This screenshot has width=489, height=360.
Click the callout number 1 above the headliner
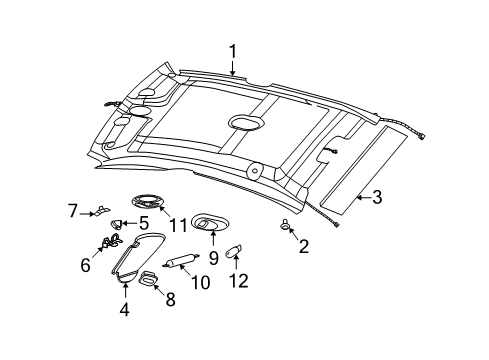click(x=232, y=52)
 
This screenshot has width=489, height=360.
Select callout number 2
click(x=304, y=247)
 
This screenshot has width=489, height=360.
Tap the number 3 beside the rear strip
click(x=377, y=197)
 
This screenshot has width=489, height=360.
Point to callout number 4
click(x=124, y=309)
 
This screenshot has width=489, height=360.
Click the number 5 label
click(x=144, y=223)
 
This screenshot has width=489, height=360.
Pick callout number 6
click(x=86, y=265)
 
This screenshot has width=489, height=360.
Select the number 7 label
click(x=73, y=211)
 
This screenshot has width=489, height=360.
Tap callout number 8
click(x=170, y=299)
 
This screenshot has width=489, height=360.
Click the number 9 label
click(x=213, y=258)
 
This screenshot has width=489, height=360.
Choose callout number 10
click(x=200, y=282)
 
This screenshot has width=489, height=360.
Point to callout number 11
click(x=178, y=225)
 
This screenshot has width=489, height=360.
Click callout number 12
click(x=239, y=281)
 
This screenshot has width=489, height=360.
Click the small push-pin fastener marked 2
click(x=284, y=225)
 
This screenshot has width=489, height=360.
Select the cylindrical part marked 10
click(x=181, y=260)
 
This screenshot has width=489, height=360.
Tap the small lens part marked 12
click(x=234, y=251)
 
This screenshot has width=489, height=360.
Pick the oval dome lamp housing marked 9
click(x=211, y=222)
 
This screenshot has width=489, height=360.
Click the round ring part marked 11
click(x=147, y=202)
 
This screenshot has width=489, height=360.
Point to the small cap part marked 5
click(x=116, y=224)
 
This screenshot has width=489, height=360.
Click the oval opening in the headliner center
click(x=246, y=122)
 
